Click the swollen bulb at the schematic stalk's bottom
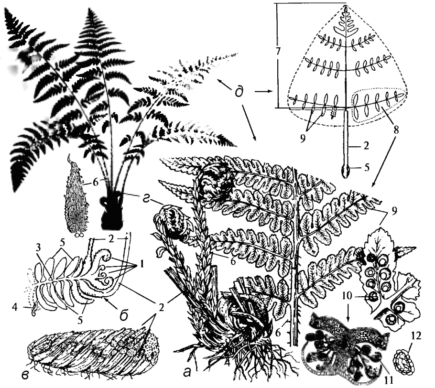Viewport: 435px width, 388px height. click(x=346, y=169)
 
